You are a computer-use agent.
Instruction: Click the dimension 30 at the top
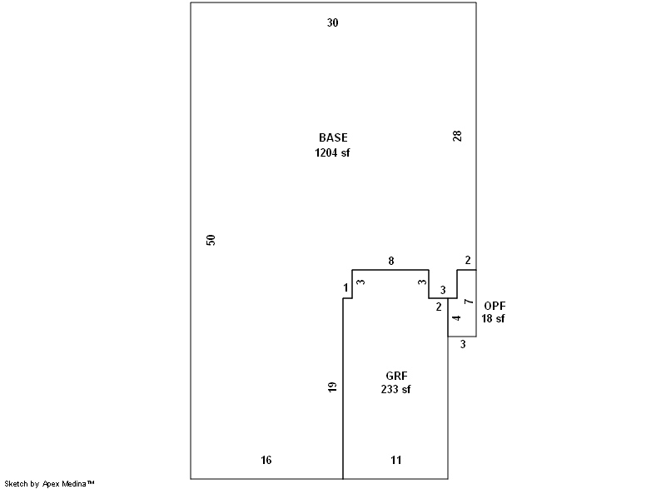(332, 23)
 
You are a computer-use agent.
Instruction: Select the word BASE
(333, 137)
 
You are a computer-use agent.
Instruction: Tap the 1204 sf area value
(332, 152)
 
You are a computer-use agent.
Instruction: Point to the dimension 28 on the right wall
(457, 136)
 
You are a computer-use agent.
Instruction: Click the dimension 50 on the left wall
(211, 240)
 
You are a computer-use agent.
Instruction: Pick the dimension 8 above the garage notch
(391, 262)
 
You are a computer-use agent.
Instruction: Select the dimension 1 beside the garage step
(345, 288)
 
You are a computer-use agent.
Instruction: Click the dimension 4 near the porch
(456, 318)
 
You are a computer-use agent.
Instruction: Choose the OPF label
(495, 306)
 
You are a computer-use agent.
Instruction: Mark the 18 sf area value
(493, 319)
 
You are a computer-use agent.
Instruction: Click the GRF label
(395, 376)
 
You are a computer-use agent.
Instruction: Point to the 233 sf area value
(395, 389)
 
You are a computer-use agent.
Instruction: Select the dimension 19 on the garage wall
(332, 387)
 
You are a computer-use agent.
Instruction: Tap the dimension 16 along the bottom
(266, 460)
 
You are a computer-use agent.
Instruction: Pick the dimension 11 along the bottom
(396, 460)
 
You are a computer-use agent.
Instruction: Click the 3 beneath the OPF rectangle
(463, 343)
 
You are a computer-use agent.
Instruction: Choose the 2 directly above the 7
(468, 260)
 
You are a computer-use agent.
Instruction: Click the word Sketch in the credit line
(17, 483)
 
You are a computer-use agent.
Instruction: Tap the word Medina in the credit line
(77, 483)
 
